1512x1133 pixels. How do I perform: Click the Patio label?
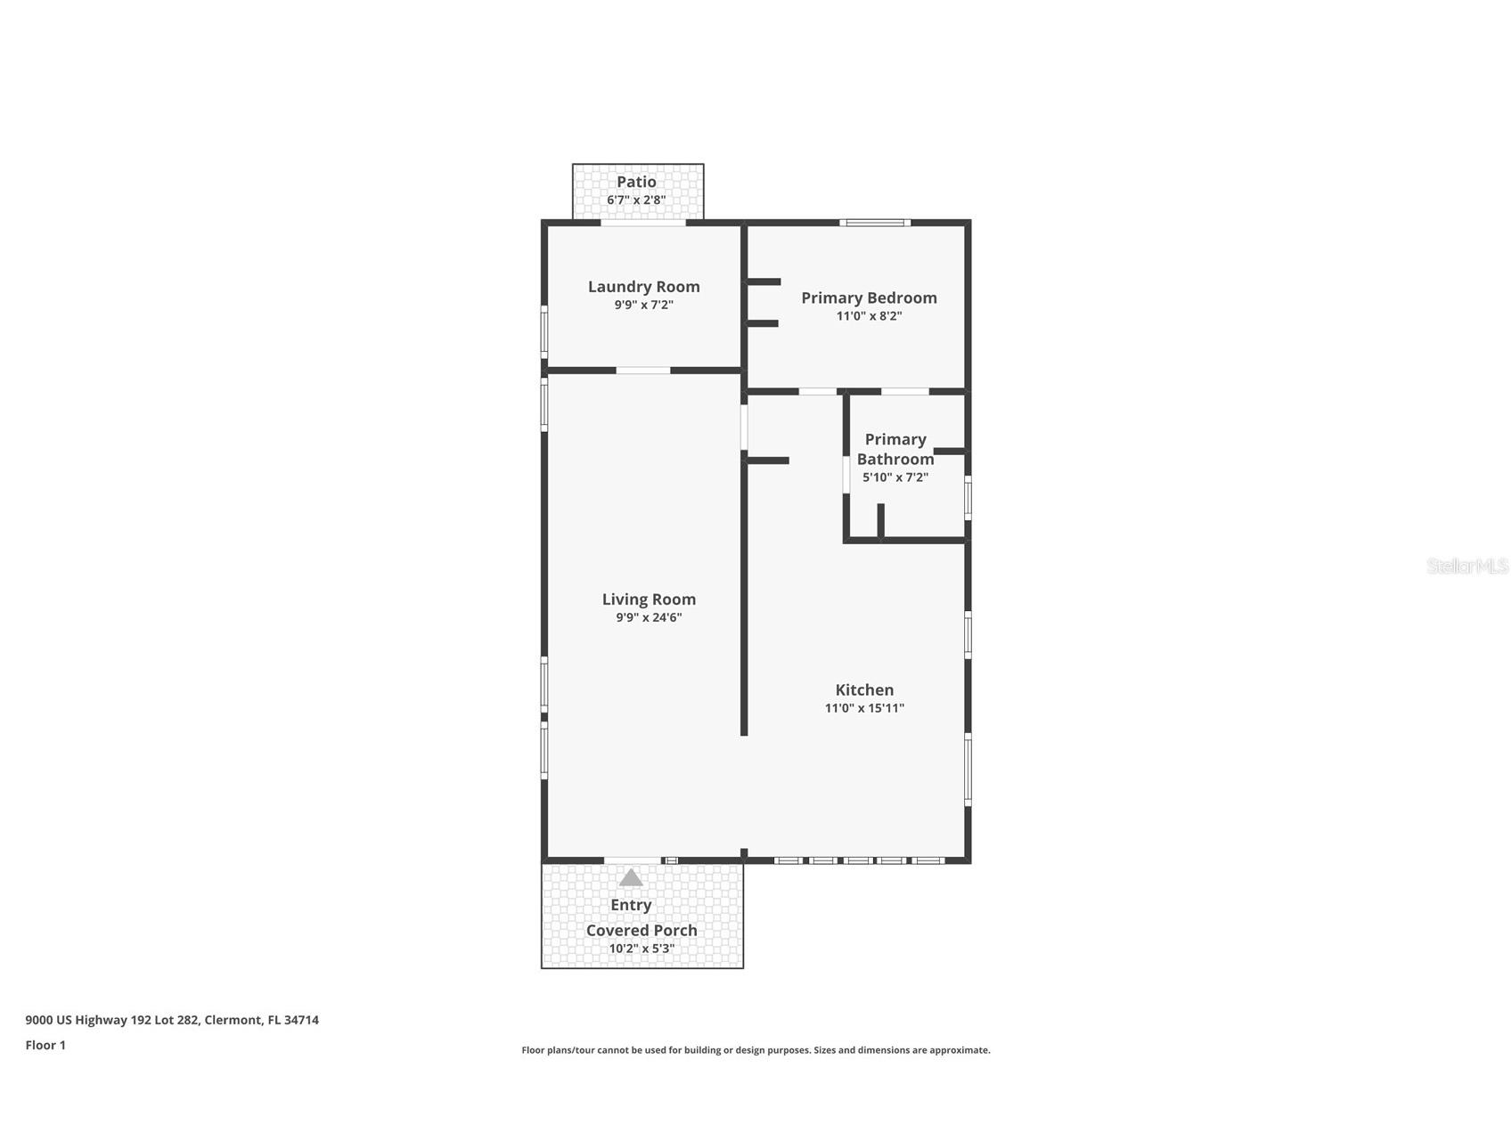pyautogui.click(x=636, y=182)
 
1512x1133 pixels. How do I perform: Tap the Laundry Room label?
pyautogui.click(x=643, y=287)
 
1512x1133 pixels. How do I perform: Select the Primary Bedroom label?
pyautogui.click(x=869, y=298)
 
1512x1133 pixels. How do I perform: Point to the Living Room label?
pyautogui.click(x=649, y=599)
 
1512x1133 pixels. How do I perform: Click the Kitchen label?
pyautogui.click(x=864, y=689)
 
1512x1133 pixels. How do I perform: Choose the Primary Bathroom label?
pyautogui.click(x=895, y=449)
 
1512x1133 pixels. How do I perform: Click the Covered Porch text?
pyautogui.click(x=642, y=930)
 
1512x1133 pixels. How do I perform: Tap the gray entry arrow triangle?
pyautogui.click(x=631, y=877)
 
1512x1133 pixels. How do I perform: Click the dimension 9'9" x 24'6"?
pyautogui.click(x=649, y=617)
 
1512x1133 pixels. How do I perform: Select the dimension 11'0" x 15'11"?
pyautogui.click(x=864, y=708)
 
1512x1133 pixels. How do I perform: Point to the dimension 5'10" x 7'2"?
pyautogui.click(x=895, y=477)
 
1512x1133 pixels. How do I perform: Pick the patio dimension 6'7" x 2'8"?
pyautogui.click(x=636, y=200)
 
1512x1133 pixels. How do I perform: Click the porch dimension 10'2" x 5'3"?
pyautogui.click(x=642, y=949)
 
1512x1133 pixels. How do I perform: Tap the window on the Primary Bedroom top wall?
pyautogui.click(x=875, y=223)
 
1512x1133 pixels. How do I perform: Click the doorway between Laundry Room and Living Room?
pyautogui.click(x=643, y=371)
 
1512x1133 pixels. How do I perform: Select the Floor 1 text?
pyautogui.click(x=45, y=1046)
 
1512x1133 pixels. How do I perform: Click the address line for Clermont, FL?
pyautogui.click(x=172, y=1021)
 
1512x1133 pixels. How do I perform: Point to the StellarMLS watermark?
pyautogui.click(x=1467, y=566)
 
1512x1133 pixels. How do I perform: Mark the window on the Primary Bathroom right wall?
pyautogui.click(x=968, y=497)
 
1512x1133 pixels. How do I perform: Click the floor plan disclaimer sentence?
pyautogui.click(x=756, y=1050)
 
